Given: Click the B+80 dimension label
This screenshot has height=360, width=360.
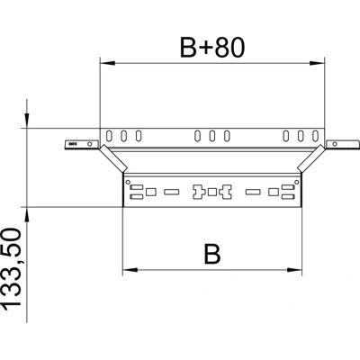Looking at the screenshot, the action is coord(212,47).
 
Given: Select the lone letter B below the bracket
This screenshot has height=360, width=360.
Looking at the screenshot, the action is coord(212,255).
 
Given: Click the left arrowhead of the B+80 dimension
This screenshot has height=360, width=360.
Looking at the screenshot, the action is coord(107,63).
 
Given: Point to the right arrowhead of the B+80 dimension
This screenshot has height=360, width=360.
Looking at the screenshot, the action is coord(317,63).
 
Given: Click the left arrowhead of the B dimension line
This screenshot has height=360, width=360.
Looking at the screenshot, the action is coord(130,270).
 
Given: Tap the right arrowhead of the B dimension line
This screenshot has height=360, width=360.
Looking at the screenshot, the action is coord(294,270).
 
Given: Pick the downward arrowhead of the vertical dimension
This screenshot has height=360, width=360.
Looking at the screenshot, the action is coord(27,121).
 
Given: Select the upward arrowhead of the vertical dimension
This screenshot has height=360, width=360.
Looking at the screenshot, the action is coord(27,215).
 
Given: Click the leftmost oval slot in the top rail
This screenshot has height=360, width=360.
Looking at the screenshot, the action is coord(109,136).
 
